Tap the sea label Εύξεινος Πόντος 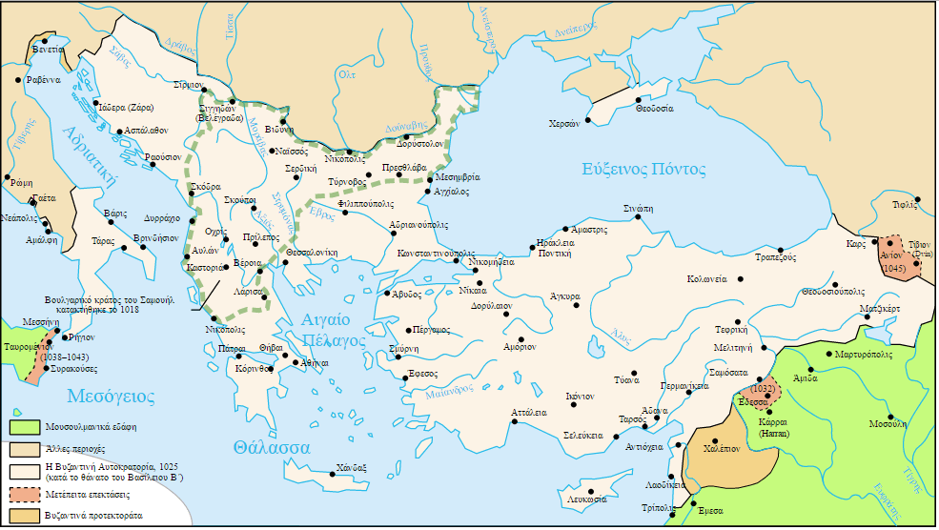pyautogui.click(x=644, y=170)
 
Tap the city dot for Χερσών pyautogui.click(x=588, y=121)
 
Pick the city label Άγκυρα pyautogui.click(x=565, y=296)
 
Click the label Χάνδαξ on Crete pyautogui.click(x=352, y=467)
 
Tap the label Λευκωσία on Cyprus pyautogui.click(x=586, y=499)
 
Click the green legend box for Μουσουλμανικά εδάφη pyautogui.click(x=24, y=426)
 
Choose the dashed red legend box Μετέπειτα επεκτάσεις pyautogui.click(x=24, y=494)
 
